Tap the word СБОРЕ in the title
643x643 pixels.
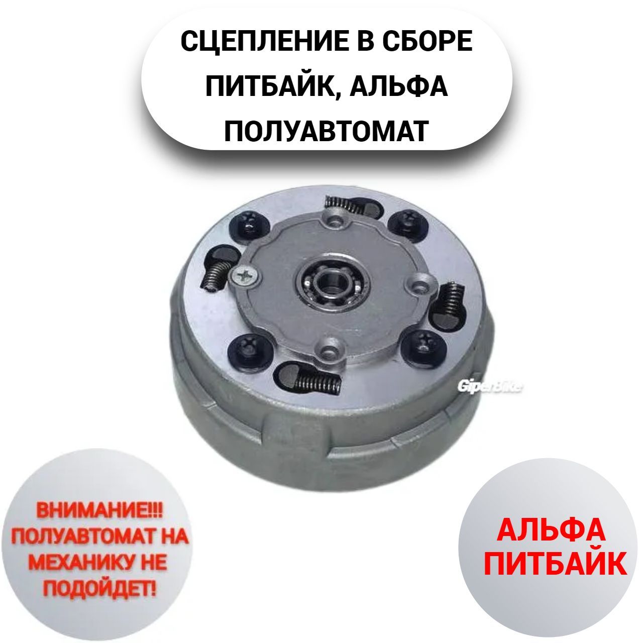click(428, 41)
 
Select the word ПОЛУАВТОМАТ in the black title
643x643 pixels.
click(327, 131)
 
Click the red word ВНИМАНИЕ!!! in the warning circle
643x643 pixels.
click(99, 520)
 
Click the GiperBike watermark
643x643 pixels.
click(490, 387)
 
